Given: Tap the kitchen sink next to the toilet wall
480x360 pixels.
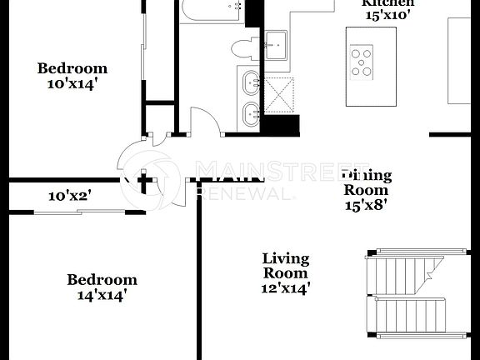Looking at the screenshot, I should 276,41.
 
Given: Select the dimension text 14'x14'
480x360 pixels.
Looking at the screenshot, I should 102,294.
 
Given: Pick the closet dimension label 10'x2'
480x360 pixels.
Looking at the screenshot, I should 69,197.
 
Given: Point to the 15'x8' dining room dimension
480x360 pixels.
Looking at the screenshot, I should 365,202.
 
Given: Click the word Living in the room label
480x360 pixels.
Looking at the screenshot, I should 285,258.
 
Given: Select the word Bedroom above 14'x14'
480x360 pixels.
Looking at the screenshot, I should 102,279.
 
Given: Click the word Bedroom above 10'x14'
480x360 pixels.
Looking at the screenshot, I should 72,68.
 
